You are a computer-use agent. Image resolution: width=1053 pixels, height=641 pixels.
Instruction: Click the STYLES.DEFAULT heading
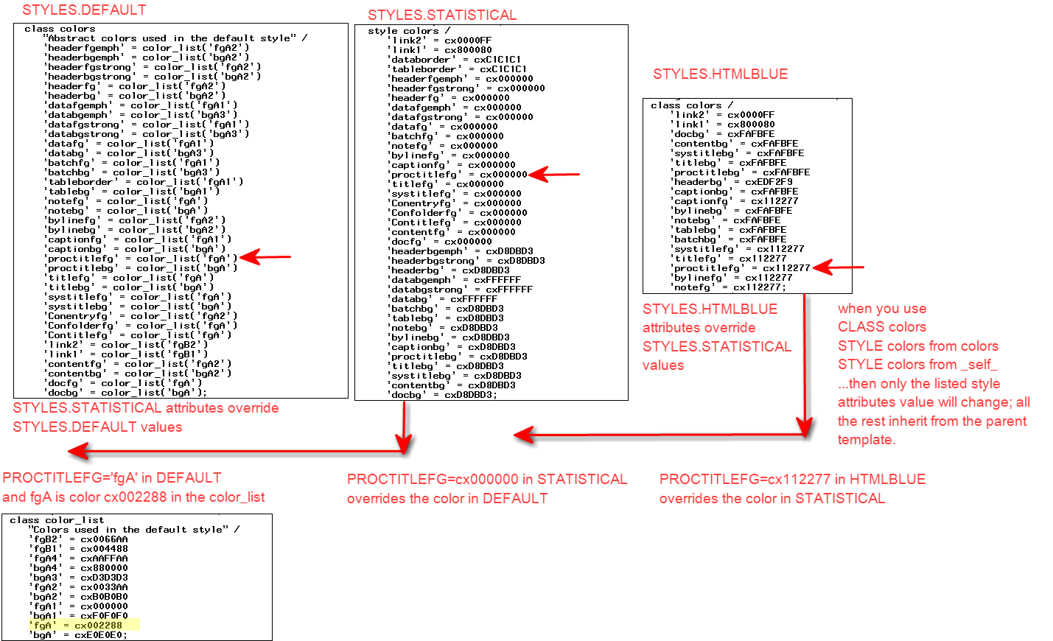click(x=84, y=10)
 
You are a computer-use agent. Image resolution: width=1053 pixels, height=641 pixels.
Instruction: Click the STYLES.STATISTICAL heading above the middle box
click(x=442, y=15)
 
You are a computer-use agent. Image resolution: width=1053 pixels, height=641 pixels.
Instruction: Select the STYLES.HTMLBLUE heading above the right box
click(x=720, y=74)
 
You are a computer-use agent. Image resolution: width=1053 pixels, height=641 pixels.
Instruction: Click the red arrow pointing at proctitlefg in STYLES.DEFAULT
click(x=265, y=257)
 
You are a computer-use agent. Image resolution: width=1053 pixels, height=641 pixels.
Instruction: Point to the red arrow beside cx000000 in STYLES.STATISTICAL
click(x=554, y=175)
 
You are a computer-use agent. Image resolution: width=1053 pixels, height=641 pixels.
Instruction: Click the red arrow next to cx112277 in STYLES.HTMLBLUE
click(x=838, y=267)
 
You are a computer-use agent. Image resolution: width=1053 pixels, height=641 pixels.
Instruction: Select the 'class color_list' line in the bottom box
click(x=57, y=520)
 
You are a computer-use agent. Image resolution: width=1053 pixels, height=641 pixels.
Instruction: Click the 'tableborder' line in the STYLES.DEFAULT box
click(x=144, y=182)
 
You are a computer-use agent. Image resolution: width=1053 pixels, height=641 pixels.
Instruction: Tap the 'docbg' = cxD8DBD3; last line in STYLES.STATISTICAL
click(x=442, y=395)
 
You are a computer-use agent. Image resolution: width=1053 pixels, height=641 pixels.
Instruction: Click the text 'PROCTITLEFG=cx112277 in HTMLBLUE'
click(x=792, y=480)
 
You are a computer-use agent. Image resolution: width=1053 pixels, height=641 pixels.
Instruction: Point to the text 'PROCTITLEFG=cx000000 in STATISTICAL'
click(x=486, y=480)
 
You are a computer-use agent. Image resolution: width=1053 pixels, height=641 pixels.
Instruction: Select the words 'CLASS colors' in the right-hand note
click(x=881, y=327)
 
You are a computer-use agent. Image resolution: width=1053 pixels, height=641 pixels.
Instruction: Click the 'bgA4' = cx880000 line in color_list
click(x=79, y=568)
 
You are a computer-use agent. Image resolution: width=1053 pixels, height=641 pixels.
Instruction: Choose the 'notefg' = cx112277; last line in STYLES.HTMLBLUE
click(x=729, y=287)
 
